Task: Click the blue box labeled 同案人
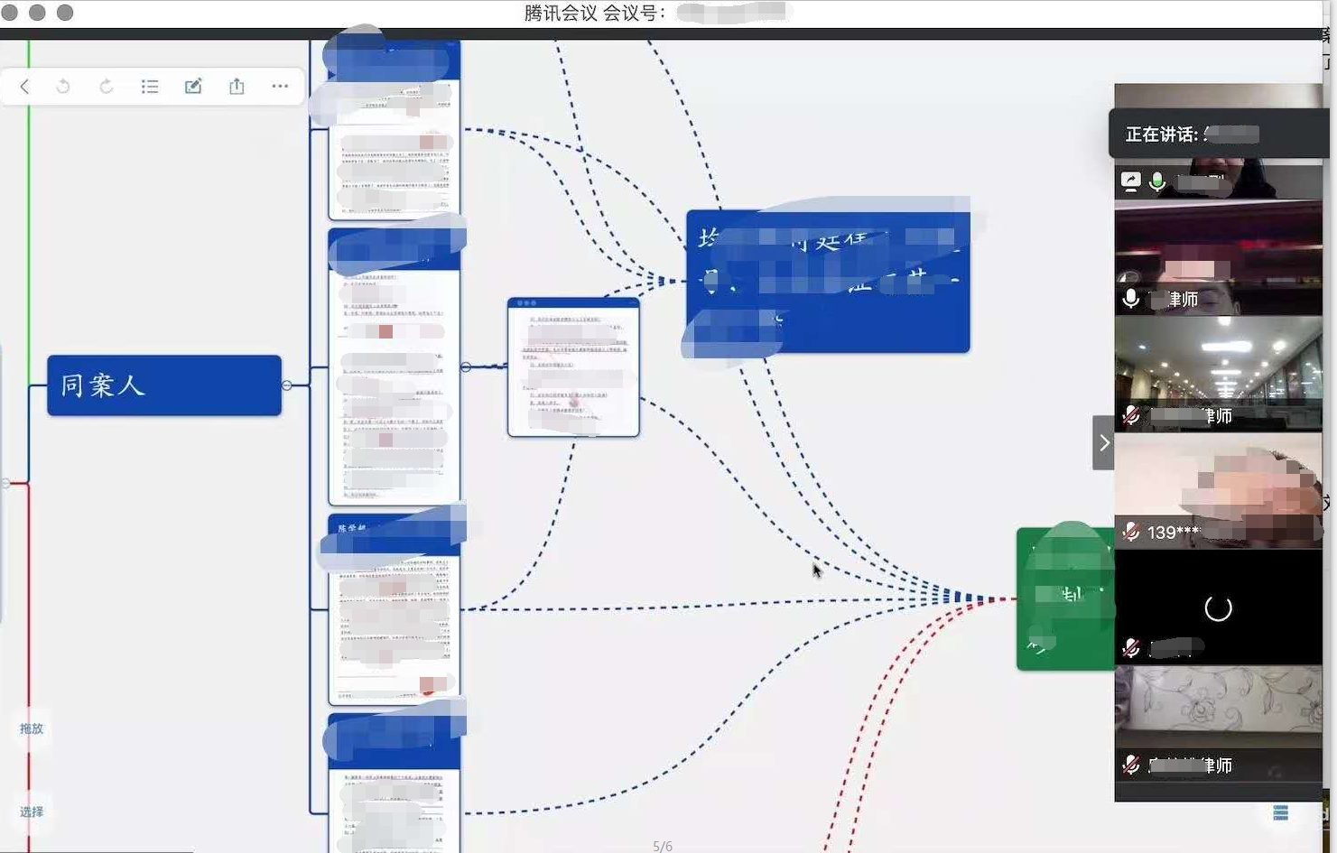tap(163, 385)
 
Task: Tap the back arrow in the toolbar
tap(24, 87)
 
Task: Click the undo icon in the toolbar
tap(63, 87)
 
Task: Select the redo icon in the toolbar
tap(107, 87)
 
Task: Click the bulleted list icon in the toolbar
tap(150, 87)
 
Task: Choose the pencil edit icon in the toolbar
tap(193, 87)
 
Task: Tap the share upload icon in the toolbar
tap(237, 87)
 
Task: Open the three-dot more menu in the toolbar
tap(280, 87)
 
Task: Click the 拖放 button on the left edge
tap(32, 728)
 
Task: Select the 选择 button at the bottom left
tap(32, 811)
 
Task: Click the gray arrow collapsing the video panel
tap(1103, 442)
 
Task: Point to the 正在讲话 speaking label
tap(1162, 134)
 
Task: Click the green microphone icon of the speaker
tap(1157, 181)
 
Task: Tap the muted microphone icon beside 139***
tap(1130, 532)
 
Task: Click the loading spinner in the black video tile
tap(1218, 608)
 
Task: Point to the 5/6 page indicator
tap(663, 846)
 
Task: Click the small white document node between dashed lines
tap(573, 367)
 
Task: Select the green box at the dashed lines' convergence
tap(1064, 599)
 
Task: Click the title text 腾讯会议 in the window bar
tap(560, 13)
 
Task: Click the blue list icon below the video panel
tap(1280, 813)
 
